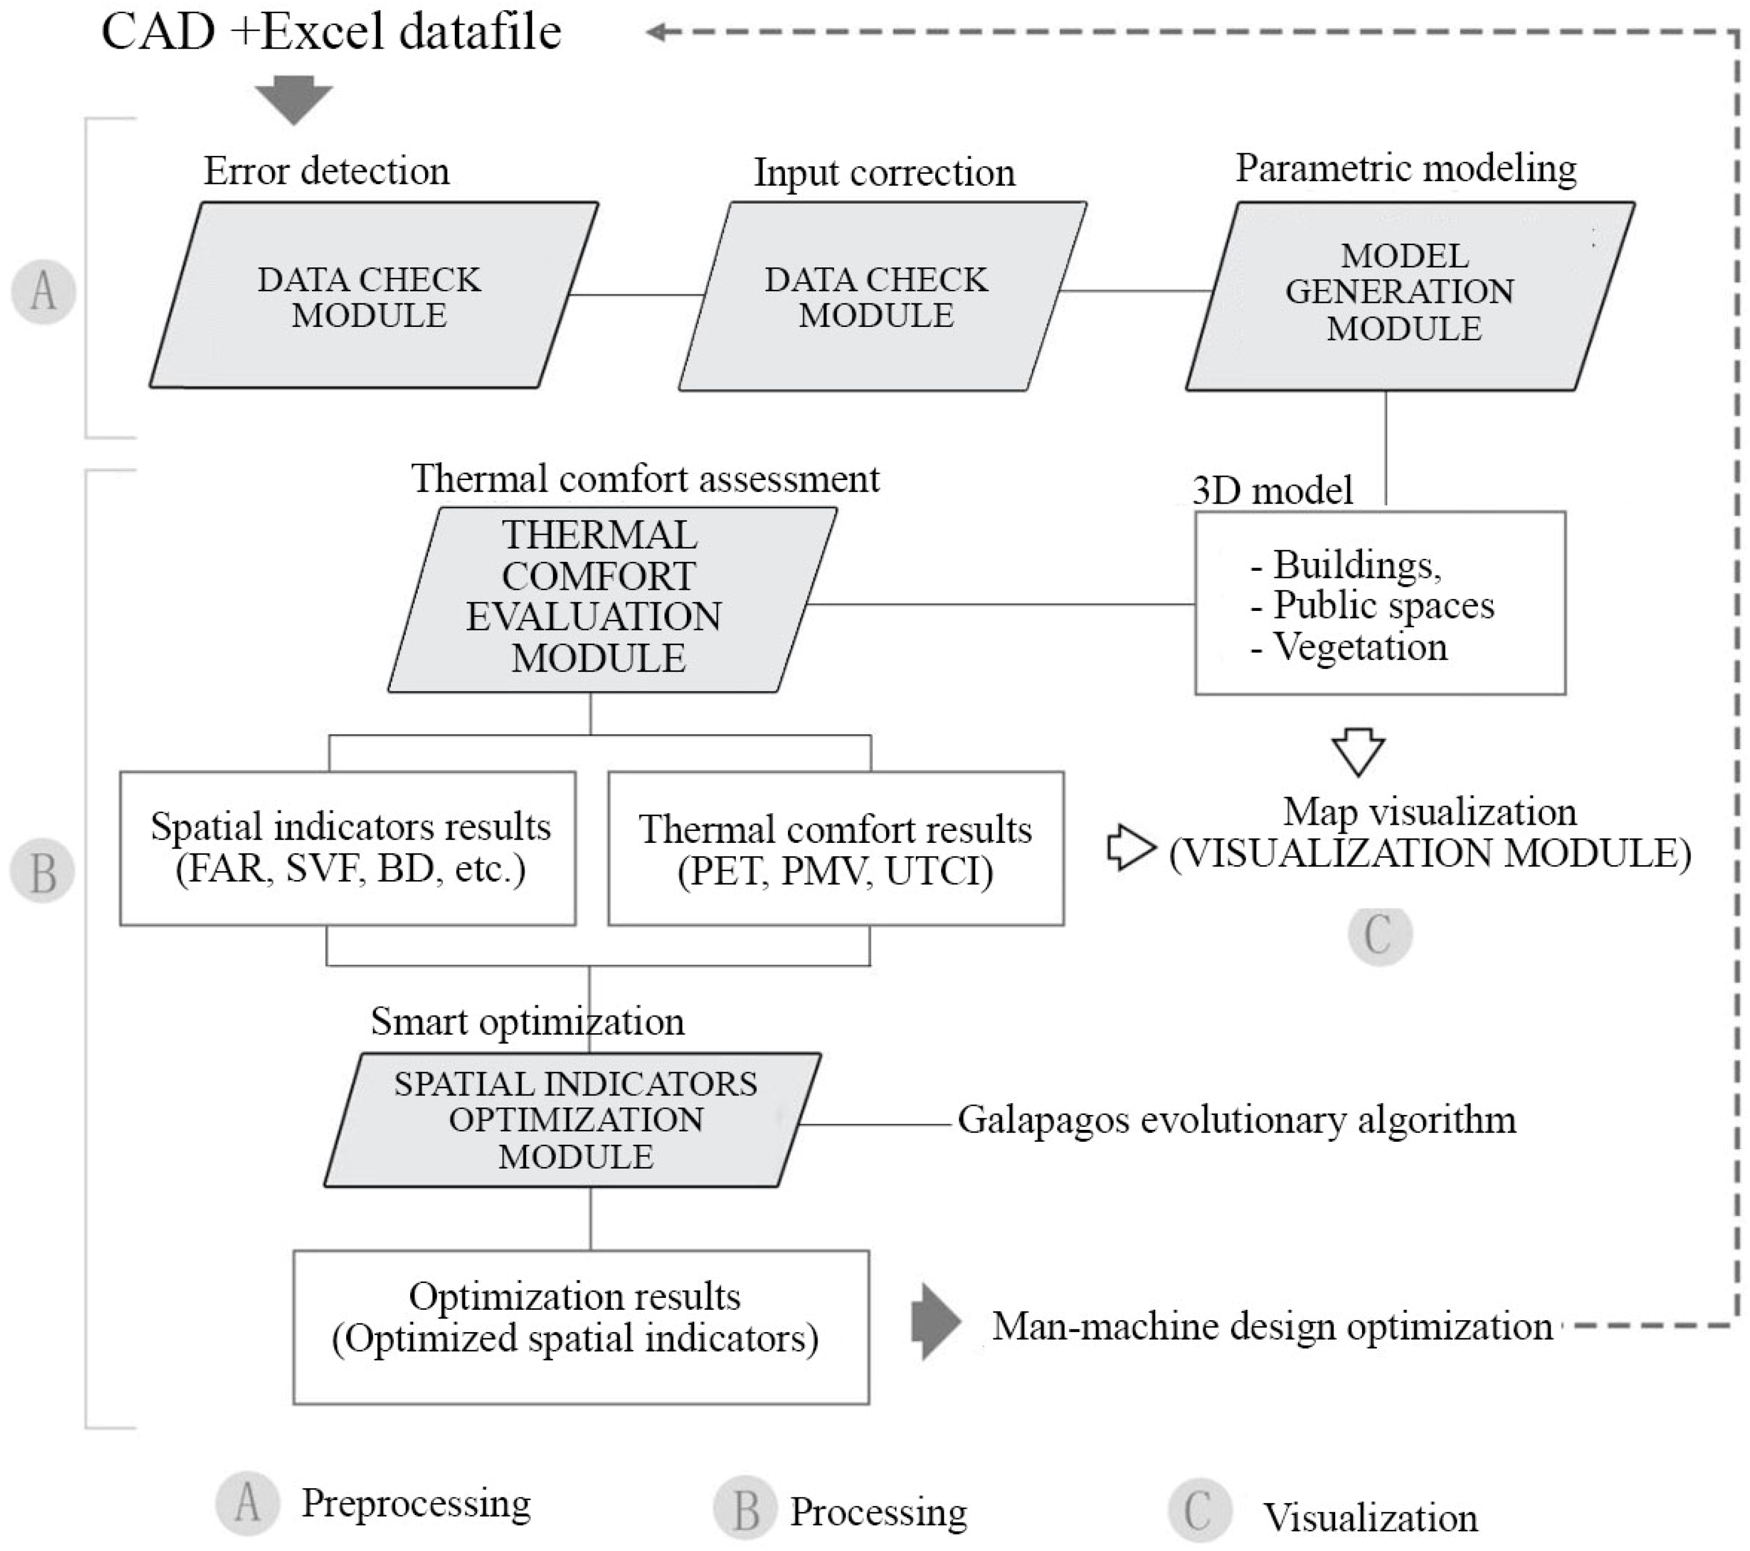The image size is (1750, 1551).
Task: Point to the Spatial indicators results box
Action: point(347,848)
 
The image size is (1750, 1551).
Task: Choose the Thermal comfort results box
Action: point(836,848)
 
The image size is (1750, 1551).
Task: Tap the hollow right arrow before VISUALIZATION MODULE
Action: point(1130,848)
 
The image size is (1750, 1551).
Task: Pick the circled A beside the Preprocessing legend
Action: point(247,1502)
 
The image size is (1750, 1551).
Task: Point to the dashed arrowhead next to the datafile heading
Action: point(658,33)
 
